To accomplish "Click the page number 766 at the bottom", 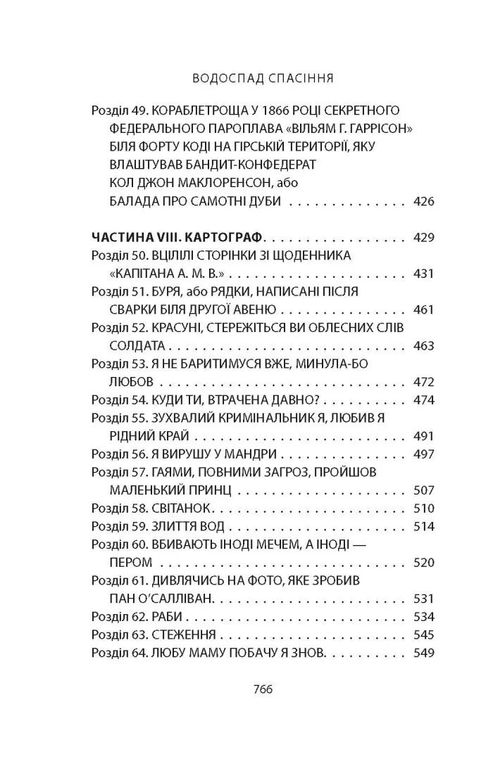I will point(246,689).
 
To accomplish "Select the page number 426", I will point(424,201).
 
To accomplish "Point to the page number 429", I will point(424,237).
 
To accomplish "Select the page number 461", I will point(424,309).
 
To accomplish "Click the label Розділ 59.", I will point(115,526).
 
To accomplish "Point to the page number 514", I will point(424,526).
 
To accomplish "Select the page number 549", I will point(424,653).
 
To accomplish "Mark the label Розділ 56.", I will point(115,454).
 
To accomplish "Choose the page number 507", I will point(424,490).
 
